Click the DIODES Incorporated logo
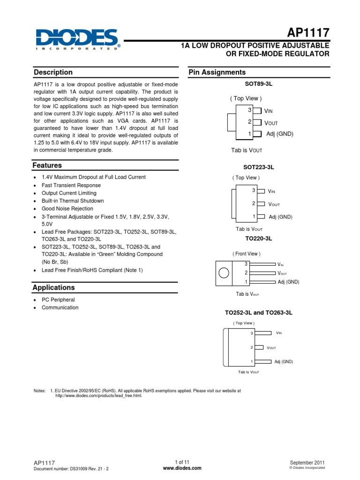click(x=77, y=39)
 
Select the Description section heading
click(x=53, y=72)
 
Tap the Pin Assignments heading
click(x=217, y=72)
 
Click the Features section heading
click(x=47, y=165)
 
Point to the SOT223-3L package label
click(x=258, y=167)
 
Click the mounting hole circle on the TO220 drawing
click(x=225, y=273)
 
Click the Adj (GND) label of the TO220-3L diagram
click(x=288, y=282)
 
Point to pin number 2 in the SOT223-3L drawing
click(x=254, y=203)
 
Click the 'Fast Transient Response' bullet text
click(x=71, y=185)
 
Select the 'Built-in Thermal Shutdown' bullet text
click(x=73, y=201)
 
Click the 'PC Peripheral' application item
click(x=58, y=300)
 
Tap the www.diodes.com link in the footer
click(x=182, y=468)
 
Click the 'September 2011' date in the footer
click(x=307, y=462)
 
